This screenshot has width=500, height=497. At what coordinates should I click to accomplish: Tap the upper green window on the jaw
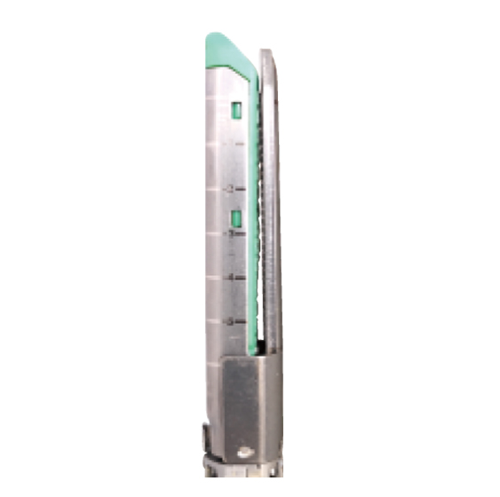pyautogui.click(x=236, y=110)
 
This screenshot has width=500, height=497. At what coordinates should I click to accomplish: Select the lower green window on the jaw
pyautogui.click(x=236, y=218)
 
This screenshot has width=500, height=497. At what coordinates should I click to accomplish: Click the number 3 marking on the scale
pyautogui.click(x=230, y=233)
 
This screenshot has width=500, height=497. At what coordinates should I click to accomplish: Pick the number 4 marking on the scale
pyautogui.click(x=230, y=277)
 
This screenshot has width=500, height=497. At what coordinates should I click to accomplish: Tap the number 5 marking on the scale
pyautogui.click(x=230, y=320)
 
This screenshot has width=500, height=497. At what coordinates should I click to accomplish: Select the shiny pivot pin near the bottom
pyautogui.click(x=244, y=453)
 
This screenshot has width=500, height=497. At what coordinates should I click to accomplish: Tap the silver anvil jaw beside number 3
pyautogui.click(x=272, y=233)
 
